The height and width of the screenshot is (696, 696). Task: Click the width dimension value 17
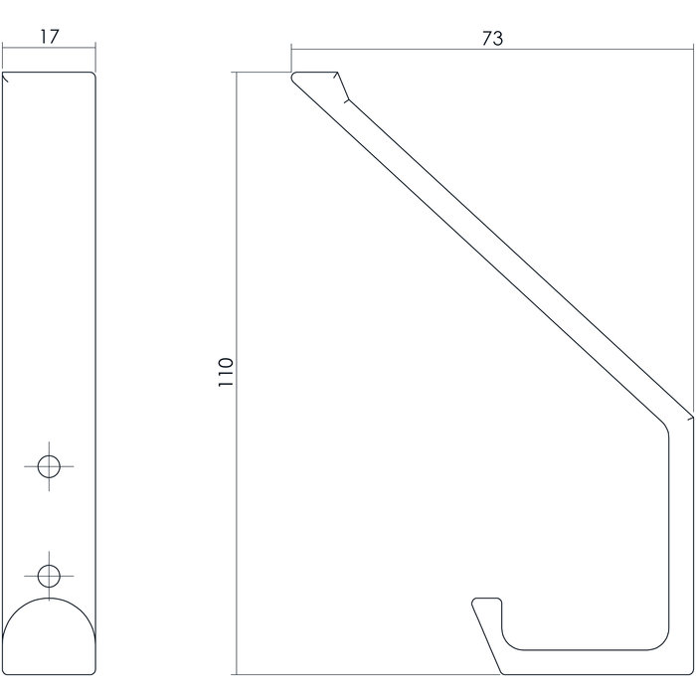click(50, 38)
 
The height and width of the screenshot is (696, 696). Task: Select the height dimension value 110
click(227, 372)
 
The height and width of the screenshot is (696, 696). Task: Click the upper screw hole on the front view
click(49, 464)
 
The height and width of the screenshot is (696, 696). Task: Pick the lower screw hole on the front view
click(49, 574)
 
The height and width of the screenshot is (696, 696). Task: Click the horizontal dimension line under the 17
click(50, 49)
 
